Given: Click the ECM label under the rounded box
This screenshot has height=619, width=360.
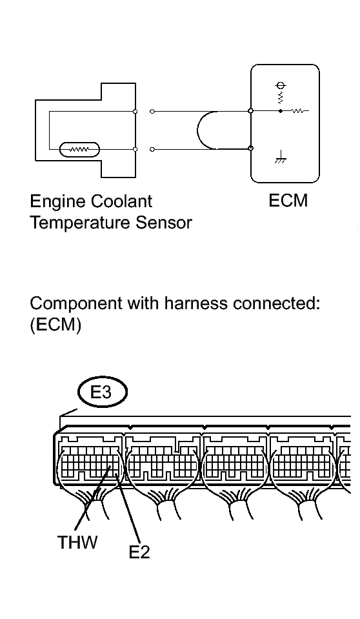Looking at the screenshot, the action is tap(288, 201).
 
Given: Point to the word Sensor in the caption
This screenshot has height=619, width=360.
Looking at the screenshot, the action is tap(164, 223).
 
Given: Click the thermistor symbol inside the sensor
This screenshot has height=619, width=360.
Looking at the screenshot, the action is tap(79, 150).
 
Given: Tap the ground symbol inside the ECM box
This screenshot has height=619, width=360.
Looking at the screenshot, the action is tap(281, 157).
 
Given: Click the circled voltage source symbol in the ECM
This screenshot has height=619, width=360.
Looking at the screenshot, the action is tap(281, 85).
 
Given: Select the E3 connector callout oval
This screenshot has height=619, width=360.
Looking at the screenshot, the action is tap(103, 392).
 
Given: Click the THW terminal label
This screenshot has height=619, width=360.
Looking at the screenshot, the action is tap(77, 542).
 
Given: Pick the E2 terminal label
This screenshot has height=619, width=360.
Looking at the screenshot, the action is tap(139, 551).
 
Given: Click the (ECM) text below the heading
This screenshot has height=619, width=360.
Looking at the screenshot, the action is tap(55, 325).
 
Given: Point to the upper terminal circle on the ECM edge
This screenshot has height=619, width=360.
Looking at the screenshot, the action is tap(250, 111).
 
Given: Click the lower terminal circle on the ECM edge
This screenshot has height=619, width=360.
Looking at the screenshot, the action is tap(250, 148).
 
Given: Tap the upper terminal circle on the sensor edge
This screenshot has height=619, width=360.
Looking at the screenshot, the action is tap(135, 111).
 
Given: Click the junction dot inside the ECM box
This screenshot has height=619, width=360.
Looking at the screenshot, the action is tap(281, 111).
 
